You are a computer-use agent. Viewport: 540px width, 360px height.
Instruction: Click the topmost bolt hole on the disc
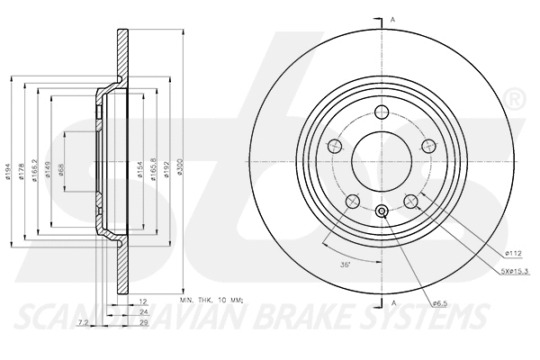pos(381,112)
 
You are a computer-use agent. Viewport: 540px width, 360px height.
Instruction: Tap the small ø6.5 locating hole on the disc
pos(381,211)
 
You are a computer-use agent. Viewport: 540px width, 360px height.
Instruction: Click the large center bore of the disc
pos(381,163)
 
